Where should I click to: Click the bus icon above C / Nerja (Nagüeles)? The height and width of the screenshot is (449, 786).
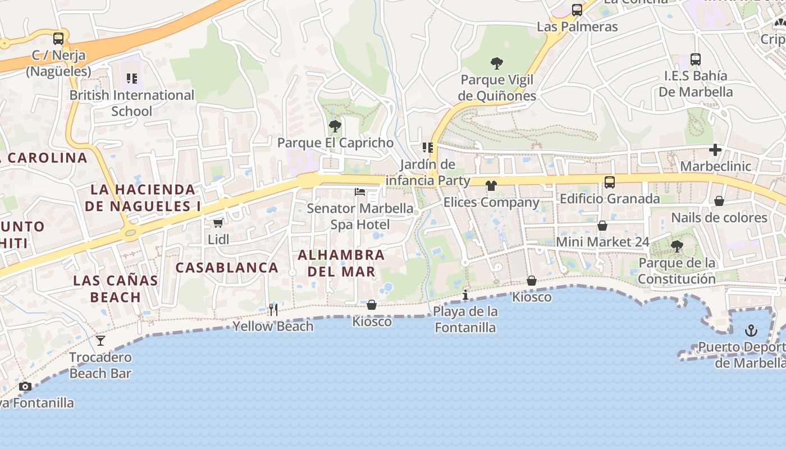point(58,39)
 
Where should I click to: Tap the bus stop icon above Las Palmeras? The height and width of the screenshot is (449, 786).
point(577,10)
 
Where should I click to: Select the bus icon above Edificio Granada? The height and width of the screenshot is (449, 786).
point(609,182)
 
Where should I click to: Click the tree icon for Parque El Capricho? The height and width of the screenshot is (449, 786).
point(335,126)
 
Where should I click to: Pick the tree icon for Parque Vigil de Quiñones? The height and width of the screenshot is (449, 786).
point(496,63)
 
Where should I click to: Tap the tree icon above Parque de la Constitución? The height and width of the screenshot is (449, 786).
point(677,246)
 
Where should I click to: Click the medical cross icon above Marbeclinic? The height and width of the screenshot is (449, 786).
point(715,150)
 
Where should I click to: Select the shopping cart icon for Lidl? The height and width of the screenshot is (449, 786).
point(218,223)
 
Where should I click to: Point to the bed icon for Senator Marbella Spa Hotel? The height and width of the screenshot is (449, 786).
point(360,192)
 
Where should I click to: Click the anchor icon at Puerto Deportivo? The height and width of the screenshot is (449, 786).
point(751,330)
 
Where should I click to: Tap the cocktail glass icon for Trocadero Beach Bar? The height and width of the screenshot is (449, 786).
point(100,340)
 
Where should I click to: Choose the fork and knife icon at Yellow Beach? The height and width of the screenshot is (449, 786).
point(273,309)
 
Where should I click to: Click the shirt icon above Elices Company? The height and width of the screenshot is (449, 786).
point(491,186)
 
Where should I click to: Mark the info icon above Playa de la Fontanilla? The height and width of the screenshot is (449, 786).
point(465,295)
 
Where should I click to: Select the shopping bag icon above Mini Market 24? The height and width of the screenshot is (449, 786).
point(602,226)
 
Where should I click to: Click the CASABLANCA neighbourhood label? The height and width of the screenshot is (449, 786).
point(227,268)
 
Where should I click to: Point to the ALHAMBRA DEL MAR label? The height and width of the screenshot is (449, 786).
point(341,263)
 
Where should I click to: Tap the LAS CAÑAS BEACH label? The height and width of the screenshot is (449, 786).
point(116,288)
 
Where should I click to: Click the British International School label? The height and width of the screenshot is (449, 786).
point(131,103)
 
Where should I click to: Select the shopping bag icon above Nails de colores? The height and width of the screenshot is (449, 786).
point(719,201)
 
